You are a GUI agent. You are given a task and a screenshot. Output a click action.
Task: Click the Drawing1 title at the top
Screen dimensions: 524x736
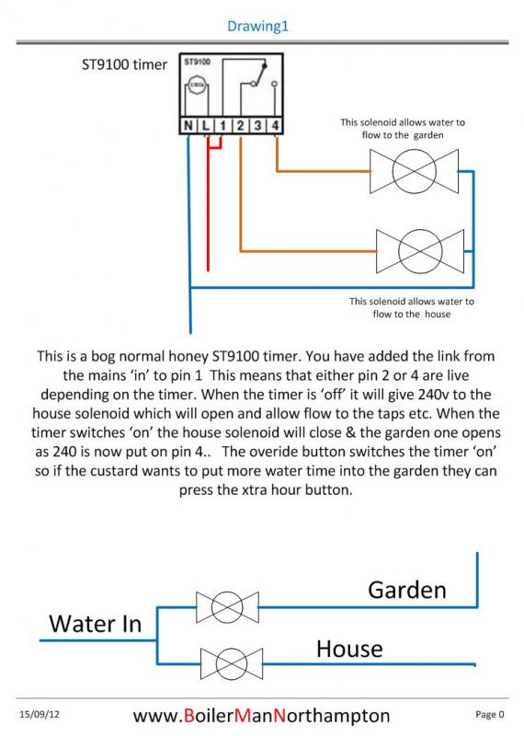(x=257, y=26)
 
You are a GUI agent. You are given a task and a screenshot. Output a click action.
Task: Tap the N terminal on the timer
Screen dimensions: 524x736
(x=188, y=125)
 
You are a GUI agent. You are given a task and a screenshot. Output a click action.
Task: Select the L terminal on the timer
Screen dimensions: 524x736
(x=206, y=125)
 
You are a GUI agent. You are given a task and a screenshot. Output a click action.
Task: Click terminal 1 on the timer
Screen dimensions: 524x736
(x=222, y=125)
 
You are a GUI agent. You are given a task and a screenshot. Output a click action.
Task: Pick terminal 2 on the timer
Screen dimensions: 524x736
(x=240, y=125)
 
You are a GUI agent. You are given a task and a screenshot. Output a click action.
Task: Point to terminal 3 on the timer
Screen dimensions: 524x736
(x=257, y=125)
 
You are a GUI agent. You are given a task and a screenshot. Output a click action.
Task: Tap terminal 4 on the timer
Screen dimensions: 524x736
(x=275, y=125)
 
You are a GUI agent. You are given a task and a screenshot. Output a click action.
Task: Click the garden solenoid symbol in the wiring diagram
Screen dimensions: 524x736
(x=414, y=171)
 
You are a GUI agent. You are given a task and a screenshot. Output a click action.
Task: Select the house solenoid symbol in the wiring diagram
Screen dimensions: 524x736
(x=420, y=251)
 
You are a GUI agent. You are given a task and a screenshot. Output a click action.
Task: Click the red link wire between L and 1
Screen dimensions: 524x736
(x=214, y=147)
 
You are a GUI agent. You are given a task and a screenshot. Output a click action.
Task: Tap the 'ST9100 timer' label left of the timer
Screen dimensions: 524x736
(x=124, y=64)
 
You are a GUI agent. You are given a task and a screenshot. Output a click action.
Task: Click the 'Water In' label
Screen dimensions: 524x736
(x=96, y=624)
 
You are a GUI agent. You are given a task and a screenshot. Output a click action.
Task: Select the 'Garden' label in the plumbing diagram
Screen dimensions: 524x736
(x=406, y=590)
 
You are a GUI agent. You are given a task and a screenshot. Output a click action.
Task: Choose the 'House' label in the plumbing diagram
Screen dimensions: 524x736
(x=349, y=649)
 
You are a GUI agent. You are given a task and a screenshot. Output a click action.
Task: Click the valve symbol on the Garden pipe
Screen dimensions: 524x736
(x=227, y=607)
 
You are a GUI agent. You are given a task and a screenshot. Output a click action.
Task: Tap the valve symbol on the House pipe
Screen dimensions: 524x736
(x=232, y=663)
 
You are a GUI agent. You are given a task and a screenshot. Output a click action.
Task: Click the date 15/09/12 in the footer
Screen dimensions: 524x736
(x=40, y=715)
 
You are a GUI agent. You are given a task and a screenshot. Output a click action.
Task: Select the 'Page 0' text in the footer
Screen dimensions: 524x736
(x=490, y=715)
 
